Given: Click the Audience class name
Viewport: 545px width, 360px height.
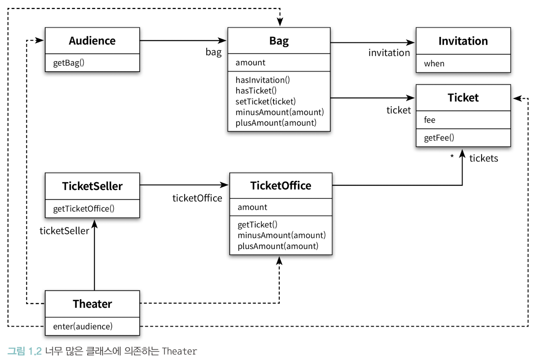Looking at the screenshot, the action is click(x=92, y=41).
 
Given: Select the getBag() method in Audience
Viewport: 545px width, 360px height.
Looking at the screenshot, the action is click(x=69, y=63).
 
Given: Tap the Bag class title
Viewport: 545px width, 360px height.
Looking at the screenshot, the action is click(x=279, y=41).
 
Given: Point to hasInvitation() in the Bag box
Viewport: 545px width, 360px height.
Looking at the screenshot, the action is click(x=262, y=80).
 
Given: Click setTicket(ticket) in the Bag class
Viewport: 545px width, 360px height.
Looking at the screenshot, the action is click(x=266, y=101).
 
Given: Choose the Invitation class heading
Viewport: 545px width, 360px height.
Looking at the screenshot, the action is click(x=463, y=41).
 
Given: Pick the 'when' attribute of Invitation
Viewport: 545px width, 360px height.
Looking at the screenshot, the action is click(x=434, y=63).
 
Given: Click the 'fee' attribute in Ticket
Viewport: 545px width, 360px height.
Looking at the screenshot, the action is click(x=429, y=120).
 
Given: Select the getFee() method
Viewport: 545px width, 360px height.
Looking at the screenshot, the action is click(x=439, y=138).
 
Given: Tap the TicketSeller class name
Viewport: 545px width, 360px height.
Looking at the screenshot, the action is click(x=92, y=186).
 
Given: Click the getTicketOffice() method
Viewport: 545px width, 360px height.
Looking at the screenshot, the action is click(x=84, y=209).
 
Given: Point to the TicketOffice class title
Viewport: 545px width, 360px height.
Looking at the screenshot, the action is click(x=281, y=186).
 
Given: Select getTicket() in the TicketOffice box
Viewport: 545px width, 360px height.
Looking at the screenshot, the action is click(x=257, y=224).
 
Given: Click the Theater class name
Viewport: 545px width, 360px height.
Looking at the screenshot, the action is click(x=92, y=304).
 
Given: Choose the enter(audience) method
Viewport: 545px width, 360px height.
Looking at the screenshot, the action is click(x=83, y=327).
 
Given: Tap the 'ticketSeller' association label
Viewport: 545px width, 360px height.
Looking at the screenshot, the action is click(x=64, y=231).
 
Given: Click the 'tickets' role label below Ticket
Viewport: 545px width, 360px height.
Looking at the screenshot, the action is click(x=484, y=158).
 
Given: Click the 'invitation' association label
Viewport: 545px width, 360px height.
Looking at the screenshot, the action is click(x=389, y=53).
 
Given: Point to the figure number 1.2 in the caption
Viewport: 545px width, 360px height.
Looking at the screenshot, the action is click(x=35, y=351).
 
